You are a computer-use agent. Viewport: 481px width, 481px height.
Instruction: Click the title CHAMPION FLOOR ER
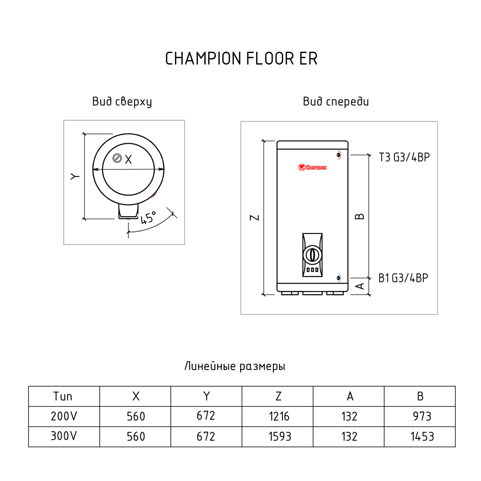click(x=241, y=59)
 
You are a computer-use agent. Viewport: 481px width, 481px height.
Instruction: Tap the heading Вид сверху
click(x=122, y=102)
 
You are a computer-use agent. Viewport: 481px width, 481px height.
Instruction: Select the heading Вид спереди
click(x=335, y=102)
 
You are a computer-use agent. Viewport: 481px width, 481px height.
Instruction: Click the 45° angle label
click(x=148, y=218)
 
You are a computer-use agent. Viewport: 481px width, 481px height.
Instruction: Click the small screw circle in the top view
click(x=117, y=158)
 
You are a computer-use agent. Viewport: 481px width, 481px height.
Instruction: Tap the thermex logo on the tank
click(x=313, y=167)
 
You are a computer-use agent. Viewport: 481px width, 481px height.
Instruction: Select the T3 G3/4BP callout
click(x=404, y=157)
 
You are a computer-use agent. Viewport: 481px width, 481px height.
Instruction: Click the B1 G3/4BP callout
click(x=403, y=278)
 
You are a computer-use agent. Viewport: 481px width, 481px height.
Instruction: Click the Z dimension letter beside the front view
click(x=255, y=218)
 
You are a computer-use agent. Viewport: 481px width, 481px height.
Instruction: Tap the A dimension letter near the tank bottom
click(x=360, y=286)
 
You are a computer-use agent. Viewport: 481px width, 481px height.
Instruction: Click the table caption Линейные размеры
click(x=234, y=366)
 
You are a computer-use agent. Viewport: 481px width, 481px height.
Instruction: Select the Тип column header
click(x=63, y=396)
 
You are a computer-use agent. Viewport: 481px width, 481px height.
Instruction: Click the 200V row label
click(x=63, y=416)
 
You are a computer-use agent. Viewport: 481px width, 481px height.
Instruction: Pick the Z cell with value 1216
click(x=279, y=416)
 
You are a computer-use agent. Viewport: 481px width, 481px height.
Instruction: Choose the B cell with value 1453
click(x=422, y=437)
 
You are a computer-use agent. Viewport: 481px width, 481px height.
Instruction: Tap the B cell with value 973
click(x=422, y=416)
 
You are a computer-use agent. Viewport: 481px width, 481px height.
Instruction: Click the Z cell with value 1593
click(x=279, y=437)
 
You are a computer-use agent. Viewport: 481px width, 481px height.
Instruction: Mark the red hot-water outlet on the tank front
click(x=339, y=155)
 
